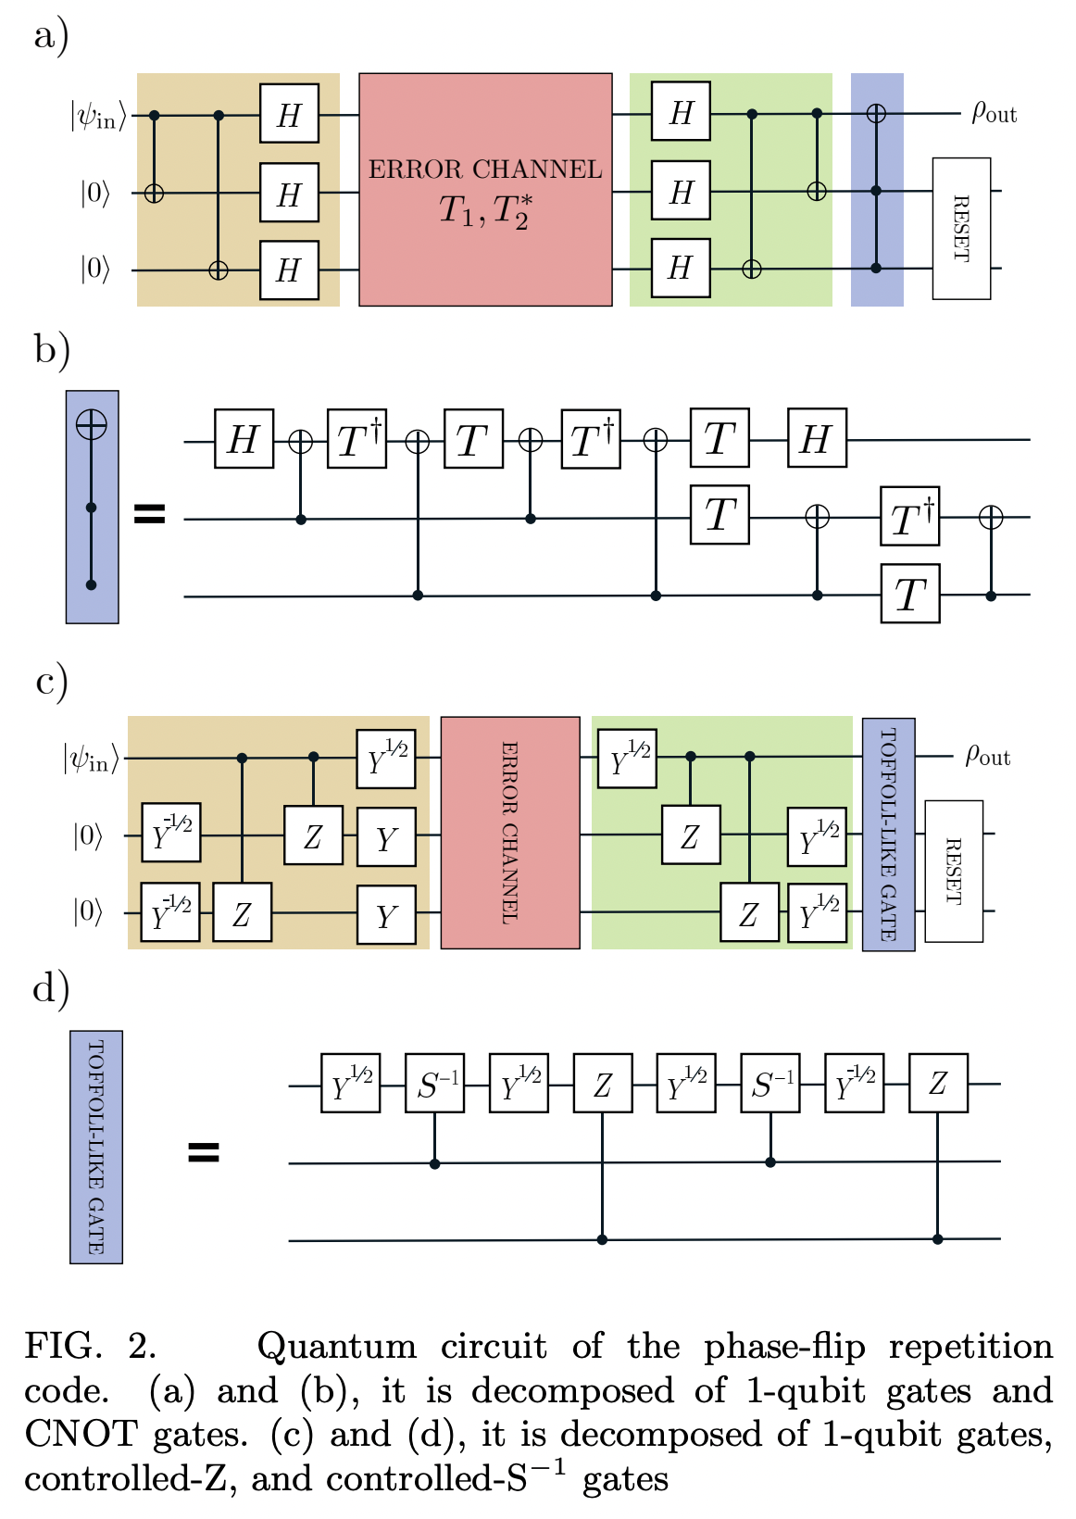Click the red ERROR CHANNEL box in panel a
tap(485, 190)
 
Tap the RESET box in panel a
tap(961, 229)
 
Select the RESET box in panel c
tap(954, 871)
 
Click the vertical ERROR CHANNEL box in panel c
tap(510, 832)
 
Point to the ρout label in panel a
tap(994, 113)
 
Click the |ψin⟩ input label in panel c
tap(92, 759)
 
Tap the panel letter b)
tap(53, 352)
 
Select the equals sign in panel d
tap(204, 1152)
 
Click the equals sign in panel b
tap(150, 514)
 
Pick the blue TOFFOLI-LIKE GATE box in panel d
tap(96, 1147)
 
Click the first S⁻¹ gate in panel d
tap(435, 1083)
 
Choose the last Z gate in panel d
tap(938, 1083)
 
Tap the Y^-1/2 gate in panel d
tap(854, 1083)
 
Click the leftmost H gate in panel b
tap(244, 439)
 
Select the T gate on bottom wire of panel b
tap(910, 594)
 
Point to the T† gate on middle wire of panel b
tap(910, 517)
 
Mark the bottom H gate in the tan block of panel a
tap(289, 270)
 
